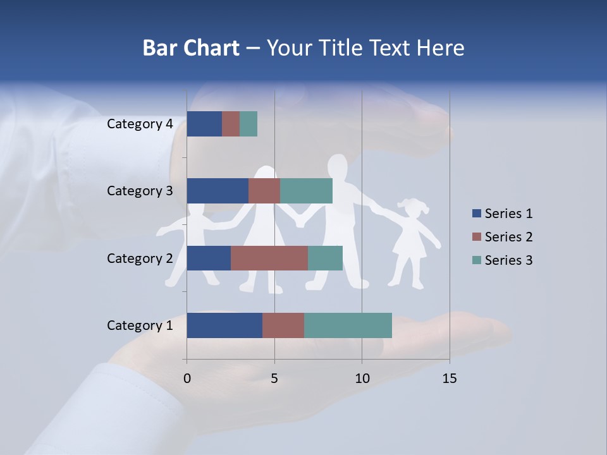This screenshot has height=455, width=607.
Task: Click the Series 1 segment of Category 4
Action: [204, 124]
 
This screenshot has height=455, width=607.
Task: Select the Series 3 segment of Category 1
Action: [348, 325]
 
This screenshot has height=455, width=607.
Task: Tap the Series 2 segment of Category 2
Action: [269, 258]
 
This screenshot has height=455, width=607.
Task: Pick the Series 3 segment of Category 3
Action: [306, 191]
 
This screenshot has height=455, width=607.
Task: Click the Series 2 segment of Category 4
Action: [231, 124]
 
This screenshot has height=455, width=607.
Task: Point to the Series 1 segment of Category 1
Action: [224, 325]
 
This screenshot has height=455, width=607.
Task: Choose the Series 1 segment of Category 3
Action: [218, 191]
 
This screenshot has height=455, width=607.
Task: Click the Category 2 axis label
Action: [140, 258]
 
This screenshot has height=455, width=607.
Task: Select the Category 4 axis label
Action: [140, 124]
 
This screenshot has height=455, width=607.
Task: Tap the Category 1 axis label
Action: [140, 325]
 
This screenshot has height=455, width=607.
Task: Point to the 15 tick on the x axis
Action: [450, 379]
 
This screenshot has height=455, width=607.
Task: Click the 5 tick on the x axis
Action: [274, 379]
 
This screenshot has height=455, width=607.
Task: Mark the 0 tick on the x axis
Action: [187, 379]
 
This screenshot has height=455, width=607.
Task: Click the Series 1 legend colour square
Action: [476, 214]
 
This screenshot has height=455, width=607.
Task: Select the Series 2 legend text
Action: [508, 237]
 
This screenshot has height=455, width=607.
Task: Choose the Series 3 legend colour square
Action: [476, 260]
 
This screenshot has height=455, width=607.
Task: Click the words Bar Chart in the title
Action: [191, 48]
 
